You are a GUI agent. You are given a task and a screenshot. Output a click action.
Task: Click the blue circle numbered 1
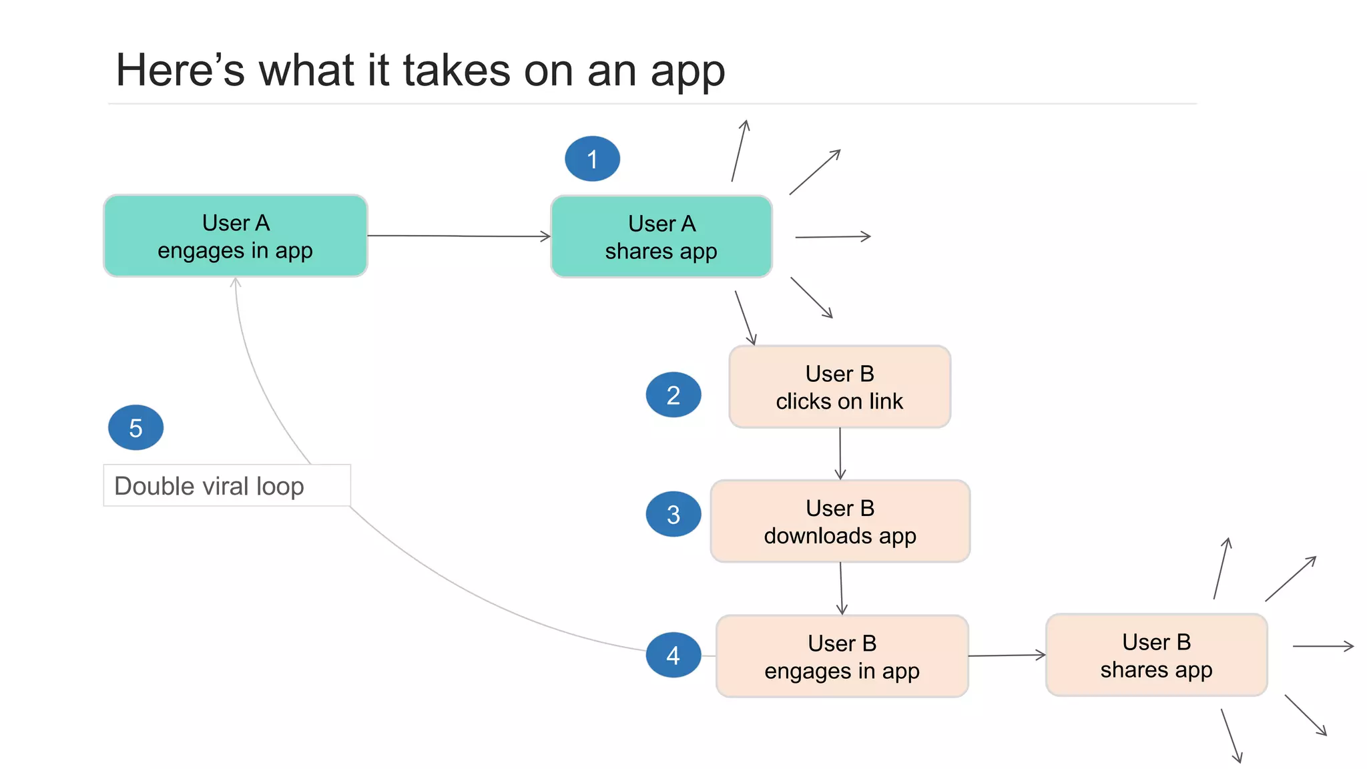[x=592, y=159]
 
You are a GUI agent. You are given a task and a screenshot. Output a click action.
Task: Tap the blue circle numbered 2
[x=673, y=395]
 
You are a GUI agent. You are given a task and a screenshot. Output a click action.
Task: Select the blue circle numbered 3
[x=673, y=514]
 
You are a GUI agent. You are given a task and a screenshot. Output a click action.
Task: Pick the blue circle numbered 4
[x=673, y=655]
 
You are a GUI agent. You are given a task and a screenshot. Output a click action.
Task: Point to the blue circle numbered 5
[x=135, y=427]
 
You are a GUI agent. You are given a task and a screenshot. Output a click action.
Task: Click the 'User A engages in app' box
[x=235, y=236]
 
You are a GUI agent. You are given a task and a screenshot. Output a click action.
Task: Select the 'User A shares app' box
[x=661, y=237]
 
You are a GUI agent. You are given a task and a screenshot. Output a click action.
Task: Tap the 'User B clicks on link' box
[x=839, y=387]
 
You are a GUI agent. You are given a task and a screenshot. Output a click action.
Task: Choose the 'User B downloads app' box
[x=840, y=521]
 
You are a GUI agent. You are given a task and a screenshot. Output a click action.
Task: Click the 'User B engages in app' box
[x=842, y=656]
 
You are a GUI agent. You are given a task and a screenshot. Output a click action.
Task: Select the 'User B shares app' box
[x=1156, y=655]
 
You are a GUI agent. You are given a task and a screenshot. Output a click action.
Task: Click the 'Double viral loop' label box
[x=227, y=485]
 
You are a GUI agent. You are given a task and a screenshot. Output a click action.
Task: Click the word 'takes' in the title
[x=457, y=70]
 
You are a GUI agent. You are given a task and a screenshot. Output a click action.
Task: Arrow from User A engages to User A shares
[x=459, y=236]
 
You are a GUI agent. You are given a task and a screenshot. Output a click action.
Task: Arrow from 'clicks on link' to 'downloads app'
[x=840, y=453]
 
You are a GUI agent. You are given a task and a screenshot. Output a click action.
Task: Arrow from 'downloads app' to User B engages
[x=841, y=588]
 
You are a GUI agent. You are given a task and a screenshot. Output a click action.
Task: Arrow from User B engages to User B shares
[x=1007, y=656]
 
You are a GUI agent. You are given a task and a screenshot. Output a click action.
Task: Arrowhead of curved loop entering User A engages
[x=236, y=283]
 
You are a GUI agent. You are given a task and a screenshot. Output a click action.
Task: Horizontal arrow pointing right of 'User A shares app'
[x=833, y=236]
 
